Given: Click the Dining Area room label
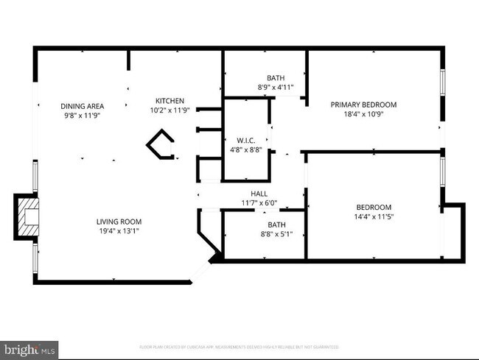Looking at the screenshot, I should pos(82,106).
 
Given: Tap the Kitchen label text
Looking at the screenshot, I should pos(169,101).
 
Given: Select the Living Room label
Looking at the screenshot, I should pos(119,222).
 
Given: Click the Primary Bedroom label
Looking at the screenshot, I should pos(363,105).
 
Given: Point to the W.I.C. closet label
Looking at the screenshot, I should pos(245,140).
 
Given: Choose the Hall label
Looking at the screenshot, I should pos(259,194).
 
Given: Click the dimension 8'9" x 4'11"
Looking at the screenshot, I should pos(276,88).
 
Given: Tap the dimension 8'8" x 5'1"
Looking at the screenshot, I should pos(276,235).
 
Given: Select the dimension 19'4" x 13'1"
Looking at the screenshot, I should pos(119,231).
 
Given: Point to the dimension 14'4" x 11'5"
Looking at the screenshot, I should pos(374,217).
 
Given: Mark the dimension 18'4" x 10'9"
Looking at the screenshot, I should pos(363,114).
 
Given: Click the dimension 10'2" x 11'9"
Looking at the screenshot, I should pos(169,110).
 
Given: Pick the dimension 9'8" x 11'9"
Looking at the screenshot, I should pos(82,116).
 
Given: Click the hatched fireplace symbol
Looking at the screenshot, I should pos(27,218).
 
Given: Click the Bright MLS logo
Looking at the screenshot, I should pos(30,349).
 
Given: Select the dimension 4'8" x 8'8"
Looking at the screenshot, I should pos(245,149).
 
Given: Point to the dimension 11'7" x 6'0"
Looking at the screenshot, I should pos(259,203).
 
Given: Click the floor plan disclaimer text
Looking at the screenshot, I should pos(239,346).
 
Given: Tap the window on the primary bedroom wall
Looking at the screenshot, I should pos(442,82).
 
